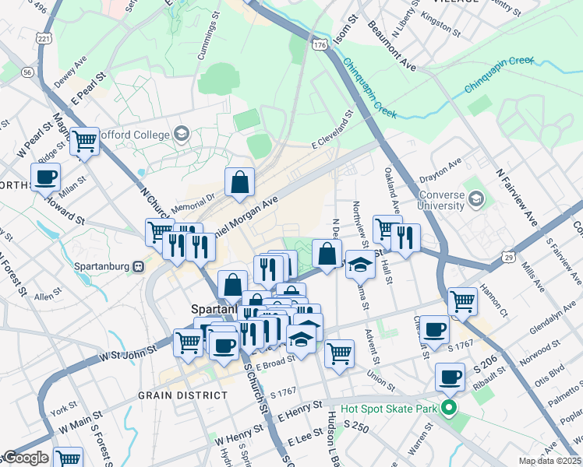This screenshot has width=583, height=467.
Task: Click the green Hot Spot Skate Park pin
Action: [x=448, y=407]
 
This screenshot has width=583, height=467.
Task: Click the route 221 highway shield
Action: [x=44, y=37]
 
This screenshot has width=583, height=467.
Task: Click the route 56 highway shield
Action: [x=28, y=72]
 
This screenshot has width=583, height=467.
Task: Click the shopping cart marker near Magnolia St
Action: [x=84, y=141]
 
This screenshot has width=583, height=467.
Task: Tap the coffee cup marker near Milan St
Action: [x=45, y=177]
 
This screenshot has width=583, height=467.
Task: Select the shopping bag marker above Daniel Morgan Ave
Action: [x=240, y=182]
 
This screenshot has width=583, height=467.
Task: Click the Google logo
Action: [x=26, y=458]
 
